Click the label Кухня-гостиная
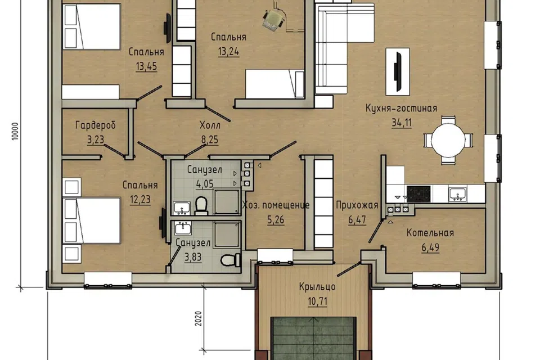click(x=401, y=108)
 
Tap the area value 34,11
click(x=402, y=123)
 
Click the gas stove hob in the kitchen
click(x=418, y=193)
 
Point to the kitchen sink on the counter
click(x=458, y=194)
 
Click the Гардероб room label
click(x=96, y=125)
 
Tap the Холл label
click(x=210, y=125)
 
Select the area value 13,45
click(x=146, y=66)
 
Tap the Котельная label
click(x=430, y=233)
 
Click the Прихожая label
click(x=357, y=205)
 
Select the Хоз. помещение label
click(x=276, y=205)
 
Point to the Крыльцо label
click(x=317, y=287)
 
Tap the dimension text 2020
click(x=197, y=319)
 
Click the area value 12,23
click(x=140, y=200)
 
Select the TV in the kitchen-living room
click(x=398, y=71)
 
